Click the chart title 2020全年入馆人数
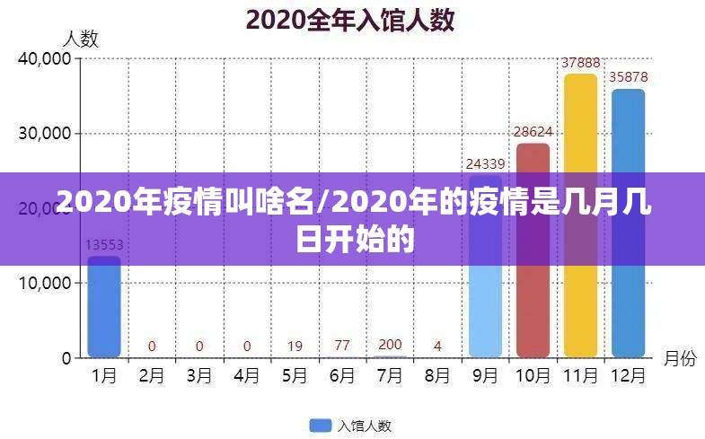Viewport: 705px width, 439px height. tap(351, 19)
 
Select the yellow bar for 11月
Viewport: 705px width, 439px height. tap(580, 296)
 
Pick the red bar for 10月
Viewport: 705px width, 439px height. tap(533, 305)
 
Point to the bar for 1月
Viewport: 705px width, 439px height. tap(104, 310)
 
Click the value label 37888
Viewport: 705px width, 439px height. tap(580, 63)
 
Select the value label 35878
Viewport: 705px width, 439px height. tap(628, 77)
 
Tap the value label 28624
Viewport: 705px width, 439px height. tap(533, 132)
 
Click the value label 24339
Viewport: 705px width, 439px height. tap(485, 163)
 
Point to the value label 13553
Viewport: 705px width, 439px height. tap(104, 244)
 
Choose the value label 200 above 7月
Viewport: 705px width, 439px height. tap(390, 344)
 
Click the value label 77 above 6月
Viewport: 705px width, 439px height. tap(342, 345)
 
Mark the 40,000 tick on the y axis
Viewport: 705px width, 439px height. tap(44, 58)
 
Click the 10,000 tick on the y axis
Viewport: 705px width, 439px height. tap(44, 283)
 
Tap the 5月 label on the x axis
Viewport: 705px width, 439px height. tap(295, 377)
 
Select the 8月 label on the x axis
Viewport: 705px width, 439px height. tap(437, 377)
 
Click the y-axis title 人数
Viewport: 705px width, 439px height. tap(80, 38)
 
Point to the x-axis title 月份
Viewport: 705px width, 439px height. tap(680, 358)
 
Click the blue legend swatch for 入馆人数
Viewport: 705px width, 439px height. tap(320, 425)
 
